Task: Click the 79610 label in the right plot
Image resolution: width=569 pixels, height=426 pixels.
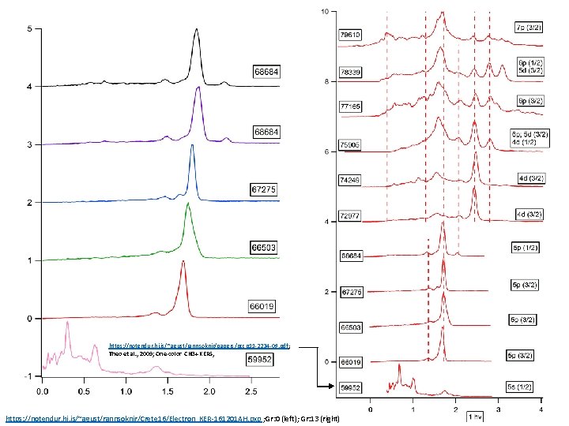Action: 351,35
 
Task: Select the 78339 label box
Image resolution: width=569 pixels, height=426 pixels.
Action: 351,71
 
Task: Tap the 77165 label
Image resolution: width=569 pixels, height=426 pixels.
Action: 351,104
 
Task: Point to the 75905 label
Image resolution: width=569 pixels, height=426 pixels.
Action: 351,144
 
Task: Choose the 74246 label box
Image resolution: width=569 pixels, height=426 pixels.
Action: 351,179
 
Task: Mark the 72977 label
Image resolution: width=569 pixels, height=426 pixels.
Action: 351,215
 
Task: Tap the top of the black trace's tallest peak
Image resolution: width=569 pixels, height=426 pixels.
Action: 196,31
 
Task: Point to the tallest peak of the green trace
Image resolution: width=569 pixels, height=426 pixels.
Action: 187,204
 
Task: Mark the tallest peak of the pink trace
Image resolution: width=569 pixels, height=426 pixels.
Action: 68,323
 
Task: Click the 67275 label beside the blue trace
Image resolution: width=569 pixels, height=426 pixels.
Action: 264,189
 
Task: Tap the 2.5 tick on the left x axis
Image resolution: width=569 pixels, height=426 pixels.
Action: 251,390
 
